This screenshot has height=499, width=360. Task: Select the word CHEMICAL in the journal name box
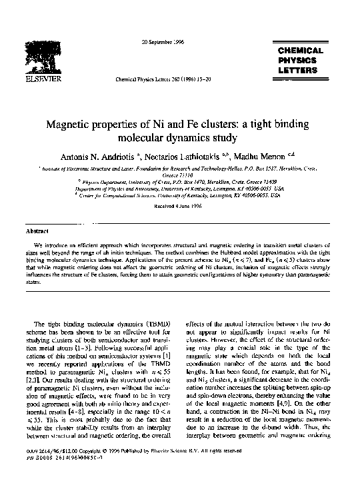(300, 51)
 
